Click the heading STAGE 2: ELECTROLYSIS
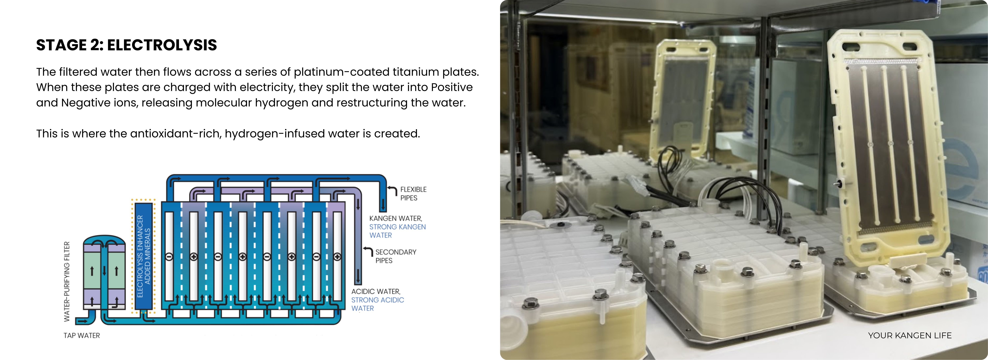(127, 45)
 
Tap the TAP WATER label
(82, 335)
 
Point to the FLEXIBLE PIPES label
(413, 194)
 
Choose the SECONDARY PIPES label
(395, 256)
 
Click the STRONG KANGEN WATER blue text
(397, 231)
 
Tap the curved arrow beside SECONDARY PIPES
(368, 252)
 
